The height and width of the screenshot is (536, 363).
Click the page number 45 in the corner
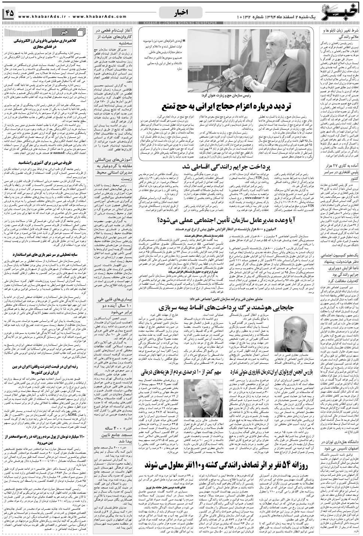9,13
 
